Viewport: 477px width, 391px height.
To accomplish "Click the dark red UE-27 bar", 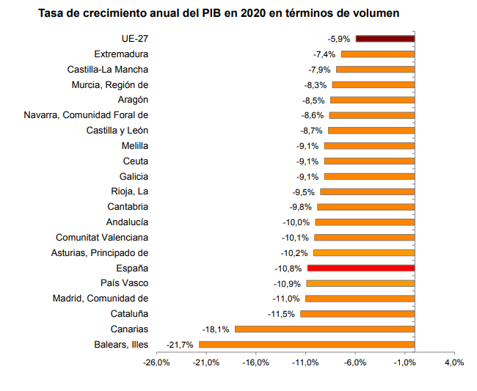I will click(385, 38).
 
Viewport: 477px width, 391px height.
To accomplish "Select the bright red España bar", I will click(361, 268).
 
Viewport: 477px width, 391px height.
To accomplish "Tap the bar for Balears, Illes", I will click(307, 344).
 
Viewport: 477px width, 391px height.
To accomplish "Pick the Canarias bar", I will click(325, 329).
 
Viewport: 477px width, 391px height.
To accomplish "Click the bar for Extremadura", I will click(378, 54).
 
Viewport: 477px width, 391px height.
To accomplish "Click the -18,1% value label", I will click(216, 329).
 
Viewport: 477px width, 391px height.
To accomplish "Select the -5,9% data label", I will click(339, 38).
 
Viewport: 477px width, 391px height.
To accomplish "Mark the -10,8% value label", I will click(290, 268).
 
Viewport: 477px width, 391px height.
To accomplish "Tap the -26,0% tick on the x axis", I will click(157, 362).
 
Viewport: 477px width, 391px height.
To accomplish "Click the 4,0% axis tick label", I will click(454, 362).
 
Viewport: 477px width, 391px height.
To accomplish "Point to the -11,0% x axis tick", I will click(305, 362).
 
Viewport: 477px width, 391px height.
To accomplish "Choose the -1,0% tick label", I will click(404, 362).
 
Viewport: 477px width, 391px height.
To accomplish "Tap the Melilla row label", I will click(134, 145).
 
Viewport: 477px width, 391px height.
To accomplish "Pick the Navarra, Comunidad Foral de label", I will click(86, 115).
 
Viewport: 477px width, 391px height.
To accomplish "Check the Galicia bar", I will click(369, 176).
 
